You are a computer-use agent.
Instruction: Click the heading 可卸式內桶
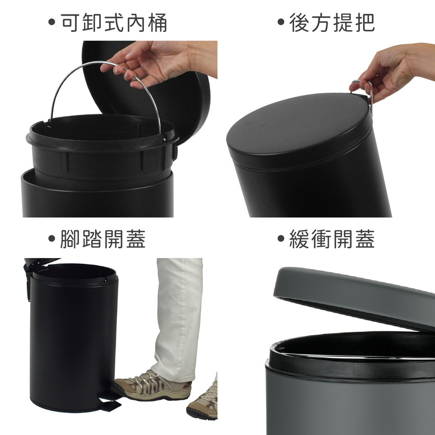114,23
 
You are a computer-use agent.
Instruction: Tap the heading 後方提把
332,23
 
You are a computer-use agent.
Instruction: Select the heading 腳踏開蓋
103,238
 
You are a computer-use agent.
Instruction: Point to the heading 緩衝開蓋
332,238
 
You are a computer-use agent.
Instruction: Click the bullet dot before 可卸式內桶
52,22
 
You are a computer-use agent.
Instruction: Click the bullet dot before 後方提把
281,22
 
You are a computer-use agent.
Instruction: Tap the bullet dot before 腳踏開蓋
52,238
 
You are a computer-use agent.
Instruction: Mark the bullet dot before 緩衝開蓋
281,238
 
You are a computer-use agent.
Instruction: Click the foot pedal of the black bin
110,404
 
